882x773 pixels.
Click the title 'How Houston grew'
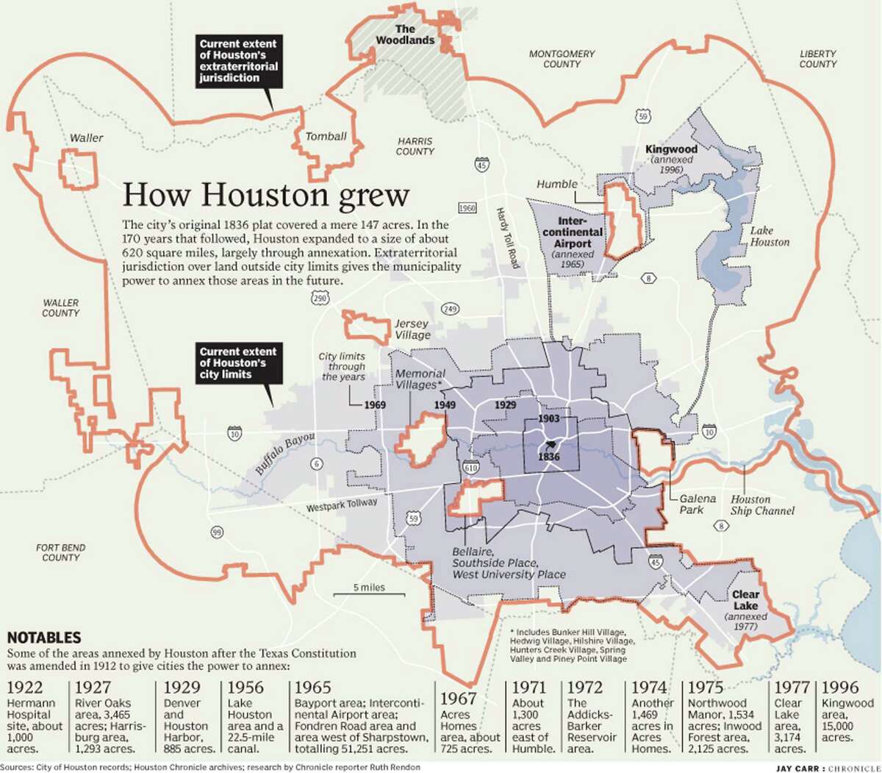(x=265, y=196)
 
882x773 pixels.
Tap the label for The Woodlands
(x=405, y=35)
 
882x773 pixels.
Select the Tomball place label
(x=326, y=136)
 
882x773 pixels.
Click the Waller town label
(x=87, y=138)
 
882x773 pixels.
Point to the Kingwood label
(x=670, y=149)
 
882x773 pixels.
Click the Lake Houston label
(x=770, y=236)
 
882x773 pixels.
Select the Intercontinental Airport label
(x=573, y=232)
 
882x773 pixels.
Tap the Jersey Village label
(x=412, y=329)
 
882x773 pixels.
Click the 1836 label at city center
(x=549, y=457)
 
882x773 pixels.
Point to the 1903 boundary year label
(x=549, y=418)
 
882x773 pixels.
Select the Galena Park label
(x=697, y=504)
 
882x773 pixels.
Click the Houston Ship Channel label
(x=761, y=505)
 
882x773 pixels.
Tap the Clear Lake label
(x=745, y=599)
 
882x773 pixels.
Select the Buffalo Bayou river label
(x=285, y=453)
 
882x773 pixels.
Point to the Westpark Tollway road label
(x=342, y=505)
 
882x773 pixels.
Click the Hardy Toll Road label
(x=508, y=237)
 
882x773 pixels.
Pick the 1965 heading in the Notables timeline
(x=312, y=688)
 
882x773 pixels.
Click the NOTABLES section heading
(x=44, y=638)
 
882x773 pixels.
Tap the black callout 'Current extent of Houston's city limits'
(x=238, y=363)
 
